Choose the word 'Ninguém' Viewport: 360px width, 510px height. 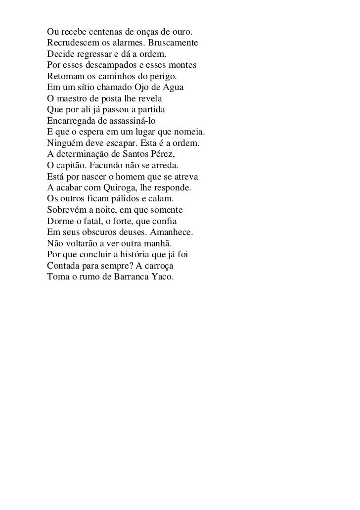tap(64, 143)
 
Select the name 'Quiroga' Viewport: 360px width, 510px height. tap(119, 188)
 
